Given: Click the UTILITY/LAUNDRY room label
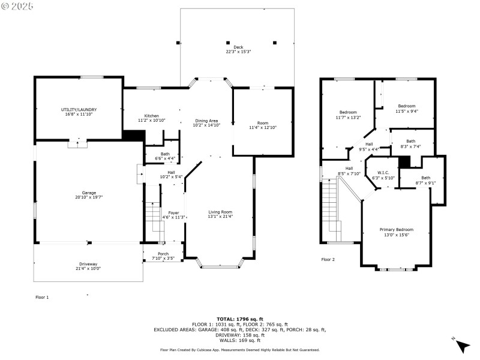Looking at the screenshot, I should [x=79, y=110].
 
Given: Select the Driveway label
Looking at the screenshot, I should [x=88, y=264].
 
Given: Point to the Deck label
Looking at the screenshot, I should [x=238, y=47].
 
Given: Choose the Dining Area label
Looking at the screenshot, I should [x=206, y=121].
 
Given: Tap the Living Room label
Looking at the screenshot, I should [x=220, y=212].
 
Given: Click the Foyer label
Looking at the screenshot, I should [x=173, y=212].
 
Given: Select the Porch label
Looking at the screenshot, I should [x=163, y=254].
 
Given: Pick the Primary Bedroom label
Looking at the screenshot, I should [x=396, y=230].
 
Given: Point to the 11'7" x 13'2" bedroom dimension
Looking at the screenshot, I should [x=348, y=118].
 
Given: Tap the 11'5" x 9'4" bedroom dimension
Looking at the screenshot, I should [x=406, y=111].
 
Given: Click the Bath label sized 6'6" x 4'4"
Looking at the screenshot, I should [x=164, y=154].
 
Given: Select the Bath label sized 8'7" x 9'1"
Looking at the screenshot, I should [x=425, y=178].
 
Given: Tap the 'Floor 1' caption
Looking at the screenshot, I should [x=42, y=297].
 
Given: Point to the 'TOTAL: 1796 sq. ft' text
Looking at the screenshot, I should [x=239, y=319].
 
